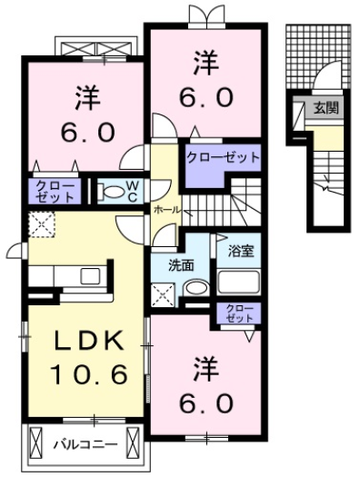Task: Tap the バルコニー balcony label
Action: pos(83,444)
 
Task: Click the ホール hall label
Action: pos(166,209)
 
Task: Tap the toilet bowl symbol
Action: pos(110,192)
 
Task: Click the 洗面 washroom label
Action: pos(180,265)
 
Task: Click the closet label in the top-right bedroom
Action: pos(223,157)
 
